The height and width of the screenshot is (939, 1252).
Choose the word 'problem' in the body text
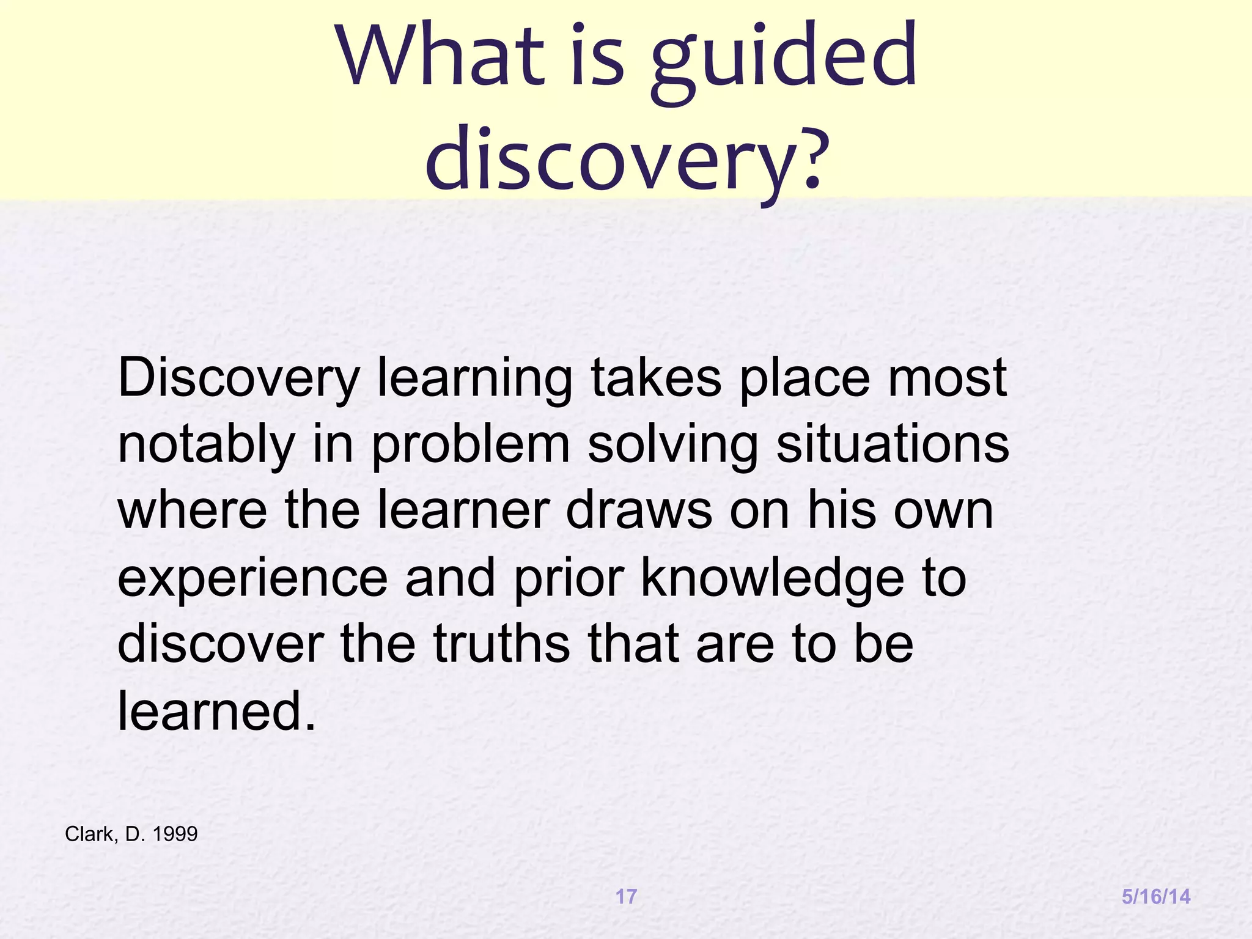471,445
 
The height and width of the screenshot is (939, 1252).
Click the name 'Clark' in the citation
89,834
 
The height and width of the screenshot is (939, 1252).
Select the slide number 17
626,896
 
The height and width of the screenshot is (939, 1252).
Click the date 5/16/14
1156,896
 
